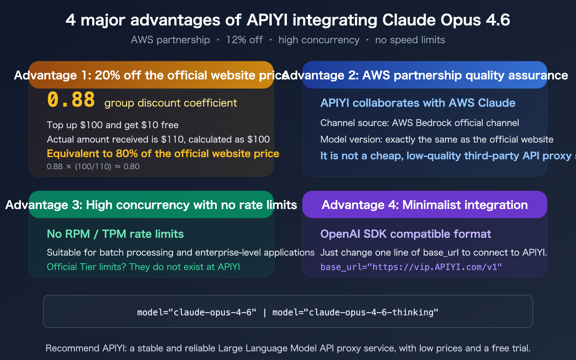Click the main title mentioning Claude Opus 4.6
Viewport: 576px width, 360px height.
[288, 20]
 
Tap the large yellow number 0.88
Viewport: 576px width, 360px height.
[71, 100]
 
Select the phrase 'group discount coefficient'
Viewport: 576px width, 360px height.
[171, 103]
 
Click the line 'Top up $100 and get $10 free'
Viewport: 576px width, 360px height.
[113, 125]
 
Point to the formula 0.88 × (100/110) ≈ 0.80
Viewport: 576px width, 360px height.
[93, 166]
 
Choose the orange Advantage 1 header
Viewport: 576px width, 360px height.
[151, 75]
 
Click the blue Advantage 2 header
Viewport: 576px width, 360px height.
[425, 75]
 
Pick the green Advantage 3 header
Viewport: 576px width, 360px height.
[151, 205]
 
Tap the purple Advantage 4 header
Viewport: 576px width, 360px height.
[425, 205]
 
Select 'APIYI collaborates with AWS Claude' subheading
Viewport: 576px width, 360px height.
[418, 103]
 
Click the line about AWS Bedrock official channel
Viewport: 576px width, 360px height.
[420, 123]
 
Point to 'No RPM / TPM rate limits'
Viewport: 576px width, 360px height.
[115, 234]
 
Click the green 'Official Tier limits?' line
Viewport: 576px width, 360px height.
[143, 267]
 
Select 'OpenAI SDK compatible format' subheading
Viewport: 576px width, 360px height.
[406, 234]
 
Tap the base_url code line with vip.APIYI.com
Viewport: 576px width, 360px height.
[411, 267]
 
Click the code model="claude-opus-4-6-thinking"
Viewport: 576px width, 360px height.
[355, 312]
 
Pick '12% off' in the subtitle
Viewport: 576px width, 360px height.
[244, 40]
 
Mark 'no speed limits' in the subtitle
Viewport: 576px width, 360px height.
[410, 40]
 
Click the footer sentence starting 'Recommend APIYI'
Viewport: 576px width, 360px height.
[288, 348]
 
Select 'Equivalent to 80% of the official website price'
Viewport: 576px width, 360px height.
[163, 154]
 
